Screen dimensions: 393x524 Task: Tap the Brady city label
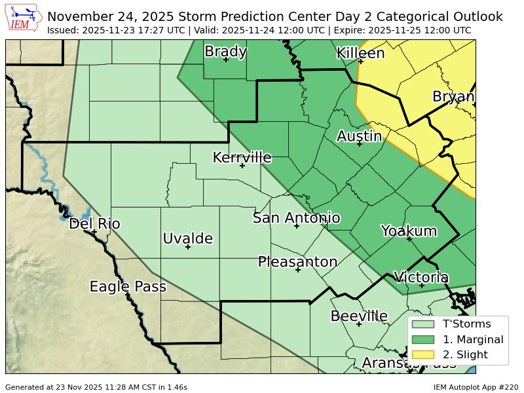point(225,51)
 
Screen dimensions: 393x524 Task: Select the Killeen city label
point(360,53)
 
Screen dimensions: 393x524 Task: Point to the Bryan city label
point(453,97)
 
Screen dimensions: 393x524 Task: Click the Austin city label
point(359,136)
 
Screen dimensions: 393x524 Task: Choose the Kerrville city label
point(242,157)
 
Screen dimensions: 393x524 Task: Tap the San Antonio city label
point(296,218)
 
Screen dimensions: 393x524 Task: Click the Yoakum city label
point(409,231)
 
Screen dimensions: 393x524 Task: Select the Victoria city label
point(421,277)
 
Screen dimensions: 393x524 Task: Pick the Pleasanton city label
point(297,262)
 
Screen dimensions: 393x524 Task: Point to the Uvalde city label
point(187,238)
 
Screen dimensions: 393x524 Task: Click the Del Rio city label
point(94,224)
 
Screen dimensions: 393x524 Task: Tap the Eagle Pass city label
point(128,286)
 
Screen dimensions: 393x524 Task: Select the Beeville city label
point(359,316)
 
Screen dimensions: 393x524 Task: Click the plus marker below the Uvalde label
point(187,247)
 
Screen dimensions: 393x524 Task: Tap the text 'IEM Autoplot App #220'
point(476,387)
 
